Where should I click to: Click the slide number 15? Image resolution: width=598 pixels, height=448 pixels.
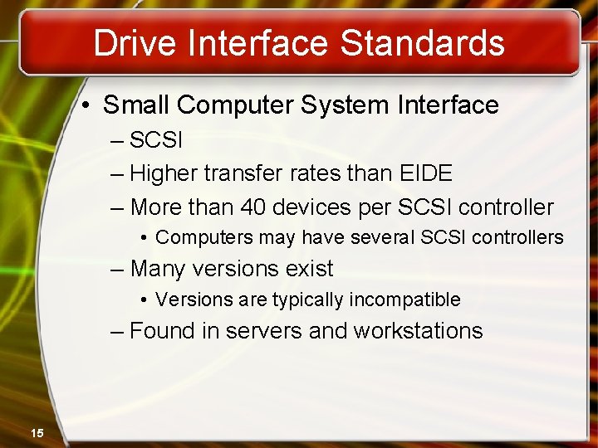(37, 432)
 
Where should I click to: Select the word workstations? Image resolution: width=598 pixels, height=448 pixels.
(418, 331)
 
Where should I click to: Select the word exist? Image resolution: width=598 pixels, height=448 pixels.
(309, 269)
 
